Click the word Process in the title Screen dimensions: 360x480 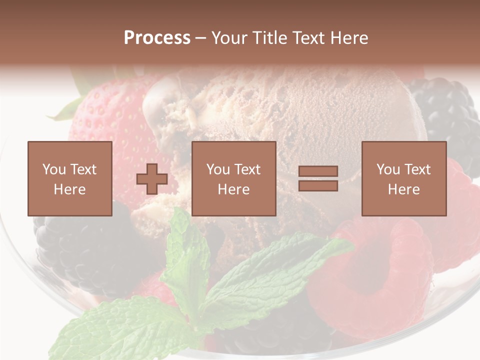[x=157, y=38]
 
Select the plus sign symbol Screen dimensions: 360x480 [x=152, y=179]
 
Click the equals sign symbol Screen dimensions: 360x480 [x=318, y=178]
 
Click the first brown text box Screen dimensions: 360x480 [x=70, y=179]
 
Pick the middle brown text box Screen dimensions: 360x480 [x=234, y=179]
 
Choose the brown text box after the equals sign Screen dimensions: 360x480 [x=404, y=179]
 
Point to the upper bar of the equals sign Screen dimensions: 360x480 [x=318, y=171]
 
